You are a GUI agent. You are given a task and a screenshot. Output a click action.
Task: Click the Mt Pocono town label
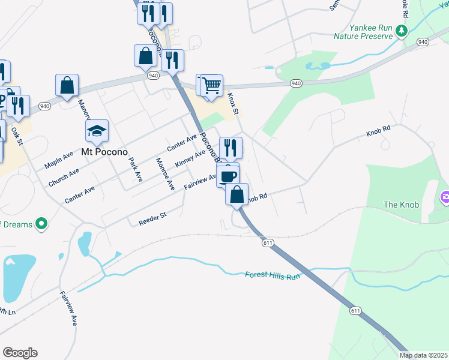(97, 152)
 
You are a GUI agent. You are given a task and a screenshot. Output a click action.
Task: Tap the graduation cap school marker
(97, 130)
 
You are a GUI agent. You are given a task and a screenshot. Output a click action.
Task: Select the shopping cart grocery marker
(211, 85)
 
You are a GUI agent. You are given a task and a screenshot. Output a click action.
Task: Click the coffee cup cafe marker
(228, 175)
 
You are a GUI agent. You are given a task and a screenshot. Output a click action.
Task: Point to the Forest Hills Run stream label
(272, 275)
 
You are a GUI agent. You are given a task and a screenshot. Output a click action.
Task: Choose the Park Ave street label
(135, 170)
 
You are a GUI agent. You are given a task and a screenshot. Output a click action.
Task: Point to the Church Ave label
(64, 177)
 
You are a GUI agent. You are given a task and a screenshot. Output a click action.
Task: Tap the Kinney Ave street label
(190, 159)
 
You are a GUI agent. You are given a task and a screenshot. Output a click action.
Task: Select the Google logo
(20, 353)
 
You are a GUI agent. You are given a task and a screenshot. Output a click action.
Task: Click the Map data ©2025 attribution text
(423, 355)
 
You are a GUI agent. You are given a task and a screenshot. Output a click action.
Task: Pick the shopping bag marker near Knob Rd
(237, 194)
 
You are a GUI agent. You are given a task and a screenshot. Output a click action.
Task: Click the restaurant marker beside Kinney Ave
(231, 148)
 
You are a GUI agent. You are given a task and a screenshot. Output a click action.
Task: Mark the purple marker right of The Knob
(445, 196)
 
